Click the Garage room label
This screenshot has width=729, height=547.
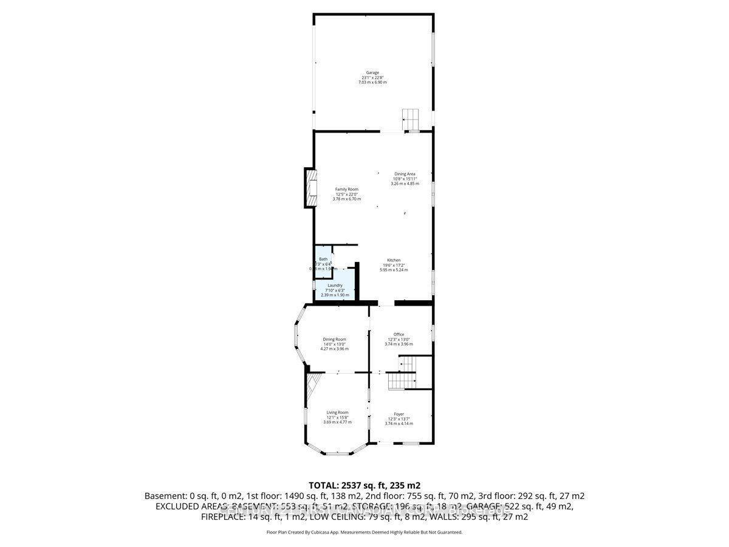click(x=372, y=72)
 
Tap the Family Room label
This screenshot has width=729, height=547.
click(x=347, y=189)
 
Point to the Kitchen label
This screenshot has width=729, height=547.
click(x=394, y=260)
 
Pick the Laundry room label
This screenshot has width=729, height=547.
click(x=335, y=285)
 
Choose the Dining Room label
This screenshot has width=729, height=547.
click(x=335, y=339)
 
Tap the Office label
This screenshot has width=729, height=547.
click(x=399, y=334)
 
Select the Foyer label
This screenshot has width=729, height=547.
click(x=399, y=414)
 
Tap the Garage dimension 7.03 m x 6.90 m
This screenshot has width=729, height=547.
click(x=372, y=82)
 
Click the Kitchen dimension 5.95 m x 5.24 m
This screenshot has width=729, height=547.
click(x=394, y=270)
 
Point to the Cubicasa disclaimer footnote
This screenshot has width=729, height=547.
click(x=364, y=532)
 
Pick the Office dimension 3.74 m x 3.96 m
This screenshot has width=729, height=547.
click(x=399, y=344)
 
